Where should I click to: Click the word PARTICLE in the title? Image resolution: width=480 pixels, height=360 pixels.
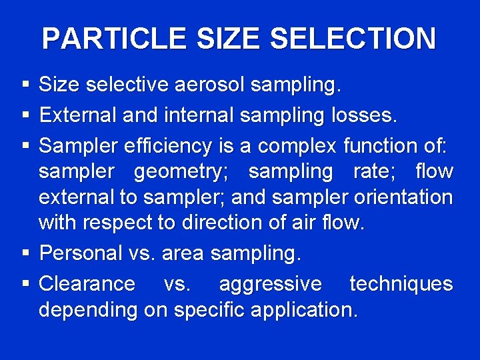[x=114, y=39]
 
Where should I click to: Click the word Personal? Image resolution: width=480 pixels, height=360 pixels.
[x=82, y=253]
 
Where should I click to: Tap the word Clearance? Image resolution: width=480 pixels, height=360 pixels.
[x=87, y=283]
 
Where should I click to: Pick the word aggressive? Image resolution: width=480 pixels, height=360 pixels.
[x=270, y=284]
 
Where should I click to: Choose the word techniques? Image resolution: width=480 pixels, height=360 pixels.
[x=401, y=284]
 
